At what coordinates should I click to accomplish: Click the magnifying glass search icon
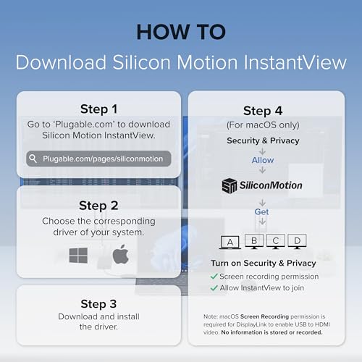[x=33, y=159]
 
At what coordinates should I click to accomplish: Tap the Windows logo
[x=78, y=255]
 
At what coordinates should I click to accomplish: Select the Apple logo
[x=121, y=254]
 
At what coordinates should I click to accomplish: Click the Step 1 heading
[x=98, y=109]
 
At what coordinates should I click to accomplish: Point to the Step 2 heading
[x=98, y=206]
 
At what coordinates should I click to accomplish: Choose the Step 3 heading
[x=98, y=303]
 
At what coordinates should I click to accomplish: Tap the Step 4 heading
[x=263, y=111]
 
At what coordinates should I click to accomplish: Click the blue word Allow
[x=263, y=160]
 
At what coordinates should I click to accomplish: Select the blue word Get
[x=261, y=211]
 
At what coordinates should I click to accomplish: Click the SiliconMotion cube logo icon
[x=230, y=185]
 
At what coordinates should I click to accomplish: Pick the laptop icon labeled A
[x=230, y=242]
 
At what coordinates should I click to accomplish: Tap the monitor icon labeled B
[x=254, y=241]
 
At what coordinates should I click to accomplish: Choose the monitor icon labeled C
[x=276, y=241]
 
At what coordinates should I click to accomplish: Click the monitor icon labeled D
[x=297, y=241]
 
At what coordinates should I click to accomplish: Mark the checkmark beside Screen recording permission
[x=214, y=277]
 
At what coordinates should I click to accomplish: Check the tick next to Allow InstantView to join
[x=214, y=288]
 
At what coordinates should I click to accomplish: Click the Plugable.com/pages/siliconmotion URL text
[x=103, y=159]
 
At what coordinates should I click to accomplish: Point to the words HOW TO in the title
[x=181, y=32]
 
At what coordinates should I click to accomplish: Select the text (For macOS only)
[x=263, y=125]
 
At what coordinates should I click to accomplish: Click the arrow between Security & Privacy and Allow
[x=262, y=151]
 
